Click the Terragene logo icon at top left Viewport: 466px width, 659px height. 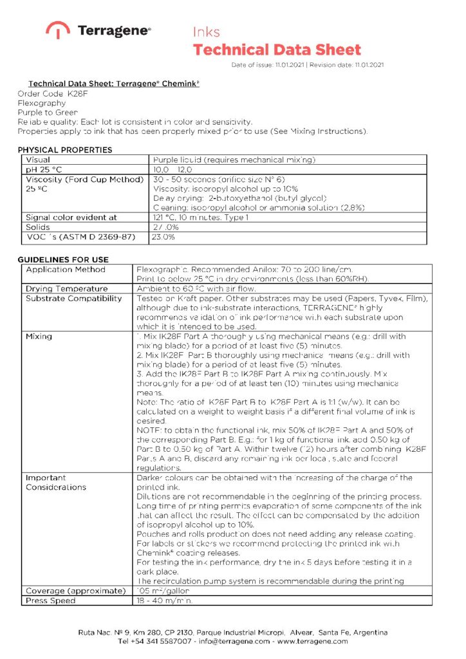pos(58,30)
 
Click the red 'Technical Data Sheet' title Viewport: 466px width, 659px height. pos(277,50)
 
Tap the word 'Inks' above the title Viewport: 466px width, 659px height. pos(207,32)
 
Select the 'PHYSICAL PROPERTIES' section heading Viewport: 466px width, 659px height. pos(64,150)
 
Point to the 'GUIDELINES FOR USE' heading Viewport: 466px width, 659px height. pos(63,259)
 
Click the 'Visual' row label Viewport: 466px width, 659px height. pos(38,160)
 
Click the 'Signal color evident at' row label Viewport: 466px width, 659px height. pos(71,218)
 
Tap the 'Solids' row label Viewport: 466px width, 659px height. pos(38,227)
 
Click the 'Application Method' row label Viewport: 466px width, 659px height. pos(66,270)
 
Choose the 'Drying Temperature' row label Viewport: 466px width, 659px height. pos(67,289)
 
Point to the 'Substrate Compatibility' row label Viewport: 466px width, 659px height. pos(73,299)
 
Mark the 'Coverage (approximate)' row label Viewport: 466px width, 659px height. pos(75,591)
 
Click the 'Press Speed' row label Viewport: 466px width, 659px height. pos(51,600)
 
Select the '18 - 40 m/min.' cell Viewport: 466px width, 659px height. pos(165,600)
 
